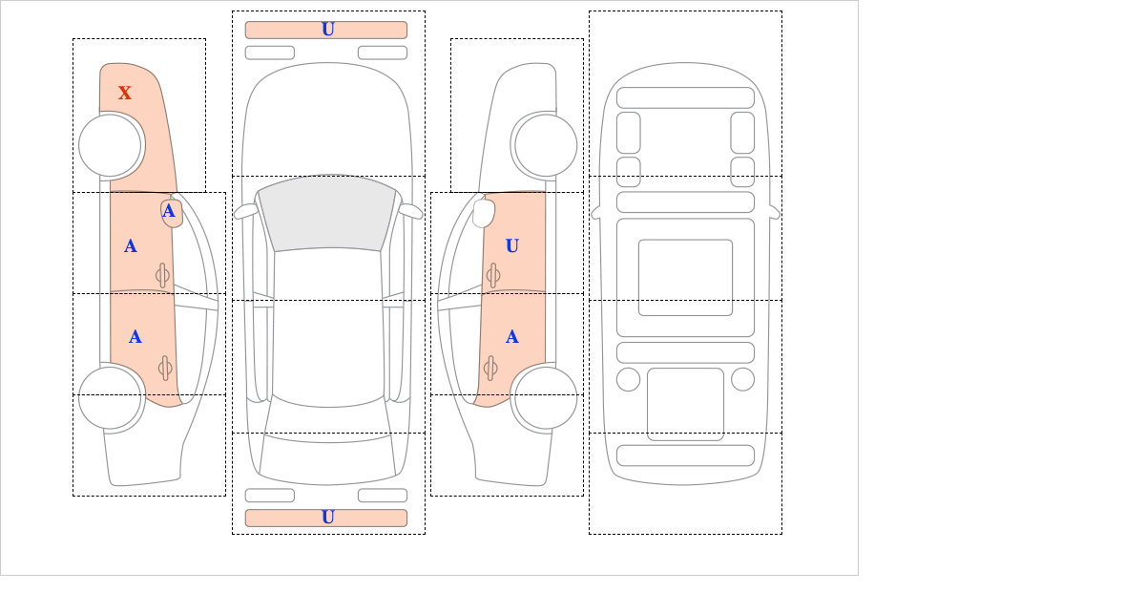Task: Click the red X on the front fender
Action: pos(125,93)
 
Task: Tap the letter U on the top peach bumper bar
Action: pos(328,30)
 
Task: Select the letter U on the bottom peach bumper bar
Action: pos(328,518)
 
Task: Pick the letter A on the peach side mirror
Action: pos(169,211)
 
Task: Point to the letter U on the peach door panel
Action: pos(512,246)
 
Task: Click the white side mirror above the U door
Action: pos(484,213)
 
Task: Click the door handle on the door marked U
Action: pos(492,276)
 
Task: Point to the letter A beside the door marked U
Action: pos(512,337)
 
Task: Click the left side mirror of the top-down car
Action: pos(245,211)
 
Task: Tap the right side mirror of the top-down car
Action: pos(410,211)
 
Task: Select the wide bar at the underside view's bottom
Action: pos(685,455)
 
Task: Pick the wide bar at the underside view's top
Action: pos(685,97)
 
